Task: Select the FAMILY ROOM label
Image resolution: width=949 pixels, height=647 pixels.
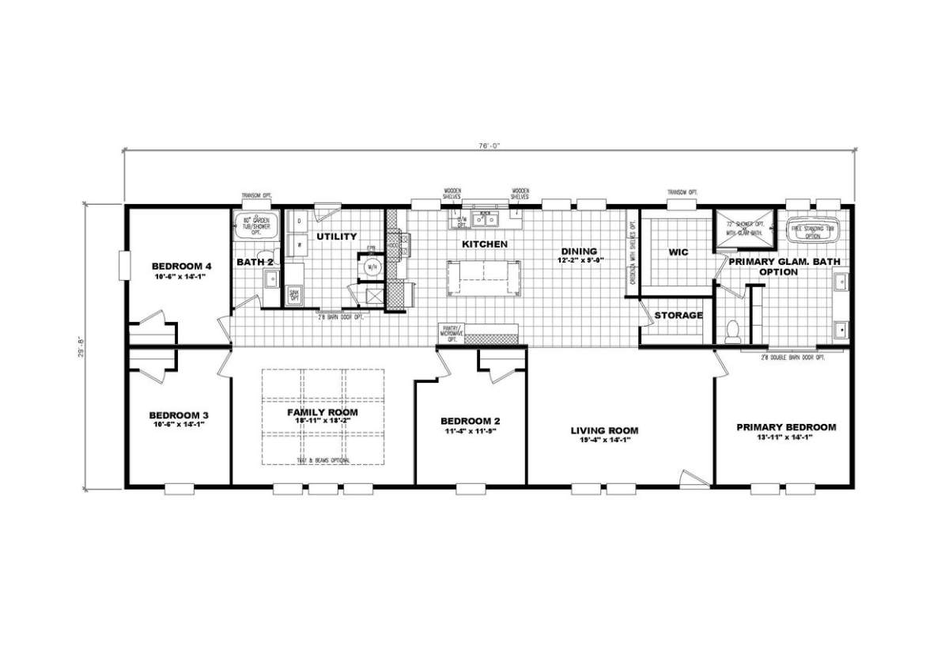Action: (x=322, y=413)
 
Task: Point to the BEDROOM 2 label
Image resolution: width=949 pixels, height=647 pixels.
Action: (x=471, y=422)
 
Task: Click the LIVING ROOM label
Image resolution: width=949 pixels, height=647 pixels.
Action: (x=605, y=431)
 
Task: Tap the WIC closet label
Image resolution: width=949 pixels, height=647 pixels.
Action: (x=678, y=253)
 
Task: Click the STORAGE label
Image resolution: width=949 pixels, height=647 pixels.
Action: (x=678, y=316)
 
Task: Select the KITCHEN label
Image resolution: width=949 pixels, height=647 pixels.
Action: (x=485, y=244)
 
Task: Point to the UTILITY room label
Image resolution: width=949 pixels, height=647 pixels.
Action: (x=337, y=236)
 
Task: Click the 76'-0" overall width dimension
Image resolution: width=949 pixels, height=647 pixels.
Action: (x=489, y=145)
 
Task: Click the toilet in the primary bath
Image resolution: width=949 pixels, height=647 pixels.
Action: (x=732, y=327)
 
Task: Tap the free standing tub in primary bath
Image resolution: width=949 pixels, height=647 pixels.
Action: (x=814, y=230)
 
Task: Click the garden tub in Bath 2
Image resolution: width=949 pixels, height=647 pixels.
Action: (x=255, y=229)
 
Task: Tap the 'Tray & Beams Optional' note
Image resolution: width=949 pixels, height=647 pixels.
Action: (x=322, y=460)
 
